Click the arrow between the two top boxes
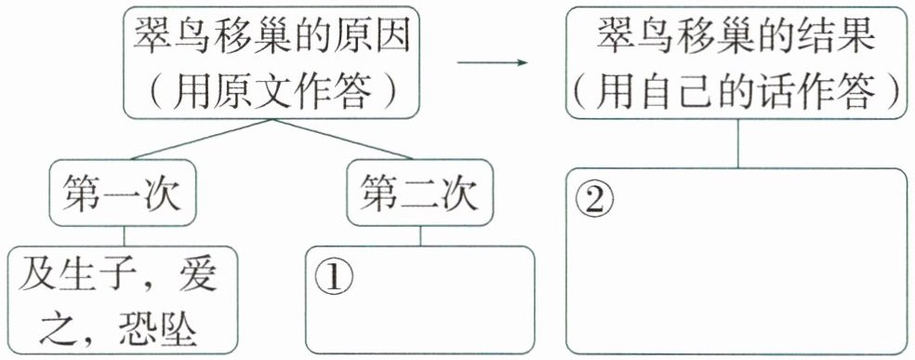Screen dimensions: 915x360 [492, 61]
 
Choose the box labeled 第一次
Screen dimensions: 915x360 [123, 193]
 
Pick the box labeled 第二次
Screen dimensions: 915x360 [419, 193]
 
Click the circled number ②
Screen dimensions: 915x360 [594, 201]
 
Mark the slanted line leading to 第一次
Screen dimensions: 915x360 [202, 139]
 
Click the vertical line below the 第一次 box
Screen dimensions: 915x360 [124, 236]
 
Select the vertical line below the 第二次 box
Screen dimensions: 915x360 [420, 236]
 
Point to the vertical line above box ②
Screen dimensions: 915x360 [738, 143]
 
